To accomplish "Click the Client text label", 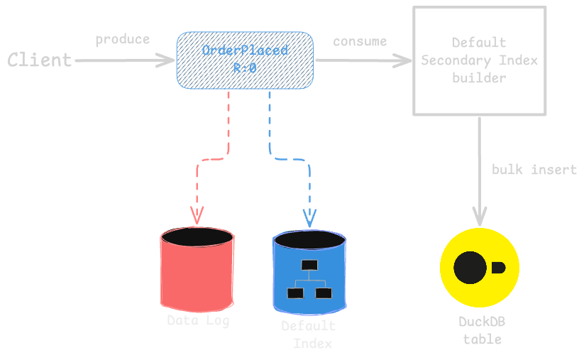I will [40, 60].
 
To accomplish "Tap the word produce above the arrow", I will [123, 39].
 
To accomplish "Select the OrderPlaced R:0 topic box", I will [245, 60].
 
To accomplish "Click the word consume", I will [360, 41].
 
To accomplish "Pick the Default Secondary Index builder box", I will [480, 60].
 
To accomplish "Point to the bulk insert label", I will [534, 170].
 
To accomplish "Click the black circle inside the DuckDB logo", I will [469, 267].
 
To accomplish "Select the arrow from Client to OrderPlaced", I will [124, 60].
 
